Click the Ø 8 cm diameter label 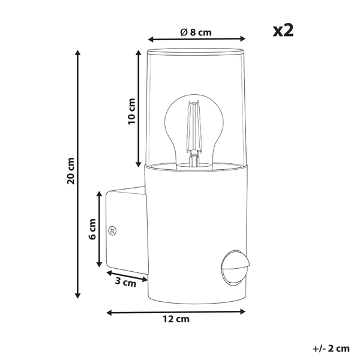coord(196,32)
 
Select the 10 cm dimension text coord(131,112)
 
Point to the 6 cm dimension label coord(92,229)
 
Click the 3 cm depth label coord(125,282)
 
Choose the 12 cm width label coord(176,319)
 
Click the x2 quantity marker coord(283,31)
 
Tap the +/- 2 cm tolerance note coord(331,349)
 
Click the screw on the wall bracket coord(112,230)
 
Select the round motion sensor coord(235,267)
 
